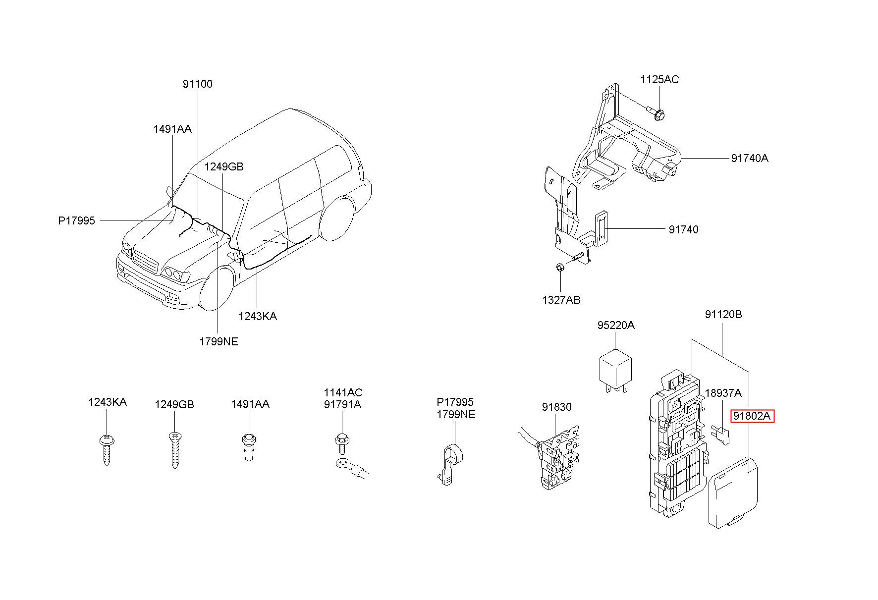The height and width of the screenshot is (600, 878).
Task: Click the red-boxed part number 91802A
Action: click(x=752, y=416)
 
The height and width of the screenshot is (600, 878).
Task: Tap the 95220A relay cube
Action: click(x=616, y=372)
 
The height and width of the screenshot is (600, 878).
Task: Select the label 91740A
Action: click(x=750, y=159)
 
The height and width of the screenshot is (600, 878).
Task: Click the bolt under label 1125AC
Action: click(x=655, y=112)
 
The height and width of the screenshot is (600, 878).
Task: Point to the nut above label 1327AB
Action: click(x=560, y=268)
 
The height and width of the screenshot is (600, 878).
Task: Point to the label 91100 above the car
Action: click(x=197, y=84)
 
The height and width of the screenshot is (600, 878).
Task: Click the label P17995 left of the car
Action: click(x=76, y=220)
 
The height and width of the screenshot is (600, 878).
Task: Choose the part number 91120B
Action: click(x=723, y=314)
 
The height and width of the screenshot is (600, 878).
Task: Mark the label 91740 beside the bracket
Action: click(x=683, y=229)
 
